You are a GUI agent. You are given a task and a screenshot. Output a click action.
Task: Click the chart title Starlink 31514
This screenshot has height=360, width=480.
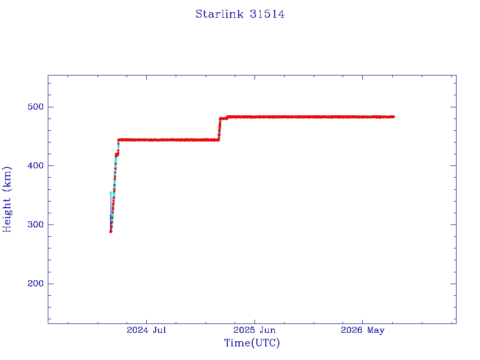pyautogui.click(x=240, y=14)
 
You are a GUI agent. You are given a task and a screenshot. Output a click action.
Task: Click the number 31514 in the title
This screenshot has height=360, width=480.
pyautogui.click(x=267, y=14)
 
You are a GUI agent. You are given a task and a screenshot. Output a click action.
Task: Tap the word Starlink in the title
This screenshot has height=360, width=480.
pyautogui.click(x=219, y=14)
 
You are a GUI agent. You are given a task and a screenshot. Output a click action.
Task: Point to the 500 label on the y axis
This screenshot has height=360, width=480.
pyautogui.click(x=36, y=107)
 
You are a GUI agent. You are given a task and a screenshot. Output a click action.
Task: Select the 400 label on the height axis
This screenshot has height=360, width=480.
pyautogui.click(x=36, y=165)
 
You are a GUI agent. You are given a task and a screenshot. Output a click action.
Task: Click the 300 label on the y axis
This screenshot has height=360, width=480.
pyautogui.click(x=36, y=225)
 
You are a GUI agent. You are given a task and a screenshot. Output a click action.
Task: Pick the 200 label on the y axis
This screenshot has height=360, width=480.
pyautogui.click(x=36, y=284)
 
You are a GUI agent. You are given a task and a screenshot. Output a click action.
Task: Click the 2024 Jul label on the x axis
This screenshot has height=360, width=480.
pyautogui.click(x=146, y=330)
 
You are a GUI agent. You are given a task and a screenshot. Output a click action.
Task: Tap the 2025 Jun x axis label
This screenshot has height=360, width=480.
pyautogui.click(x=255, y=330)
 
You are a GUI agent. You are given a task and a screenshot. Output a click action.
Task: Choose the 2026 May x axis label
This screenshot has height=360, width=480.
pyautogui.click(x=362, y=330)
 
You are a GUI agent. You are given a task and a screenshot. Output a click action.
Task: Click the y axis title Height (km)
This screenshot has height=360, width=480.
pyautogui.click(x=7, y=199)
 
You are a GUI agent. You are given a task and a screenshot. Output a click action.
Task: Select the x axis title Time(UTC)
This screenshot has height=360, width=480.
pyautogui.click(x=252, y=343)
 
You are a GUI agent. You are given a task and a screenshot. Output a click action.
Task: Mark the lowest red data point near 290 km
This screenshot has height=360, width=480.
pyautogui.click(x=111, y=232)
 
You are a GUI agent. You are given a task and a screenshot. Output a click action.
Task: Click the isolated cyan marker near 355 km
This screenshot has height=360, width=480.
pyautogui.click(x=111, y=193)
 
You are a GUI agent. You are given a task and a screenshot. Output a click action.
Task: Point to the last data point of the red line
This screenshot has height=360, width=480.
pyautogui.click(x=393, y=117)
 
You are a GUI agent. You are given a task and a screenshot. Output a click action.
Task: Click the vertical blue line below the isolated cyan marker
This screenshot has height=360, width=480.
pyautogui.click(x=111, y=211)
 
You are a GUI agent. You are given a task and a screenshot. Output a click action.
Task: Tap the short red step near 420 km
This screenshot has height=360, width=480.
pyautogui.click(x=117, y=155)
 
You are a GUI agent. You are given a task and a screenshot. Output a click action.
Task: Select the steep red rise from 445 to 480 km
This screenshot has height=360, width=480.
pyautogui.click(x=219, y=128)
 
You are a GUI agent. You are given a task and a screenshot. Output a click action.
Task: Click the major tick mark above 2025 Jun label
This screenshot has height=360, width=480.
pyautogui.click(x=255, y=77)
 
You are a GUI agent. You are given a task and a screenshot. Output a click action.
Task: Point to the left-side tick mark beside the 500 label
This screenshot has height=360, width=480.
pyautogui.click(x=51, y=107)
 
